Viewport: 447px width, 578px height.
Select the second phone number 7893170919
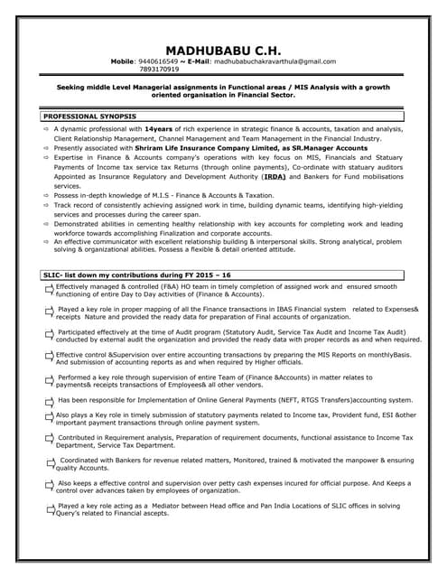click(x=160, y=70)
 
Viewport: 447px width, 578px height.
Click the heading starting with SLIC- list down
click(x=137, y=274)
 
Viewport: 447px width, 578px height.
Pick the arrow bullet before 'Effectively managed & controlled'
click(x=49, y=288)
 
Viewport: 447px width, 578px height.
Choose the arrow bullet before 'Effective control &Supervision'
click(x=49, y=358)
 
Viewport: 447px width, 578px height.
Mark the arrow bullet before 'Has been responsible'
click(x=49, y=399)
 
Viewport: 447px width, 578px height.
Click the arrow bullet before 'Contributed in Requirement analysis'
click(x=49, y=440)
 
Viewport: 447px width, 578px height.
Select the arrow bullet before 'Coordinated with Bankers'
click(x=49, y=463)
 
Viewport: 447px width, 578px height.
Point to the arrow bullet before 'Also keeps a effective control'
click(x=49, y=486)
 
